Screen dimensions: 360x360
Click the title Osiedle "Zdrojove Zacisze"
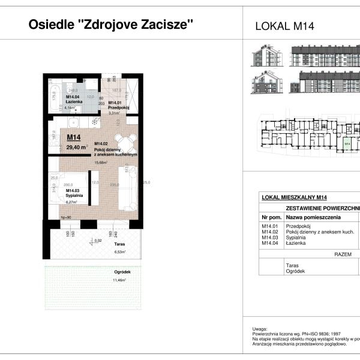(112, 25)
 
